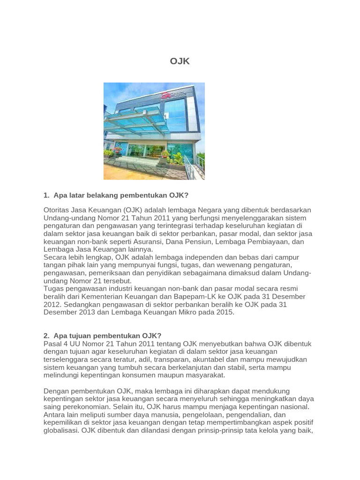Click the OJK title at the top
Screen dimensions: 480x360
coord(180,61)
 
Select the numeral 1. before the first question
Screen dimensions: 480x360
coord(46,195)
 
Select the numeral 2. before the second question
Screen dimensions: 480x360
coord(46,336)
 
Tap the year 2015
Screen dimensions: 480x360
coord(223,312)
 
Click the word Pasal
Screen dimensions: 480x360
coord(52,344)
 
